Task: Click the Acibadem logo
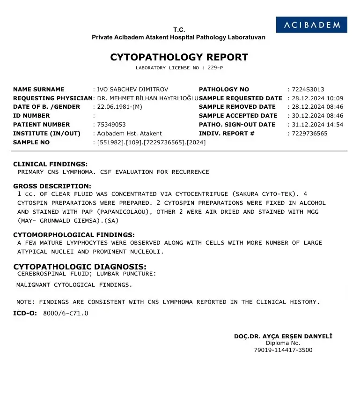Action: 311,25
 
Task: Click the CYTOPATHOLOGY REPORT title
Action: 179,58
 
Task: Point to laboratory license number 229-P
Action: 214,68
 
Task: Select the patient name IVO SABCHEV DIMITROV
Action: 132,90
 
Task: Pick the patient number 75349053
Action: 111,125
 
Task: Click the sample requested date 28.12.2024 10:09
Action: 317,98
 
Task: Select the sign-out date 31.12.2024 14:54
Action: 317,125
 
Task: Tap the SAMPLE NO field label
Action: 31,142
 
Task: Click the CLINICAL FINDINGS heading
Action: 51,164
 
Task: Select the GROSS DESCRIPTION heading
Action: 52,186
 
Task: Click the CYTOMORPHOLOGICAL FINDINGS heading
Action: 74,235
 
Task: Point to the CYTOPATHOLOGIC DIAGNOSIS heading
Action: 80,267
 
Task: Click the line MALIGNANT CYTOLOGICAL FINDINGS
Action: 74,284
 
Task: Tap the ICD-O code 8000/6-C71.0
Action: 66,313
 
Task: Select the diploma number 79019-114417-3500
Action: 283,350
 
